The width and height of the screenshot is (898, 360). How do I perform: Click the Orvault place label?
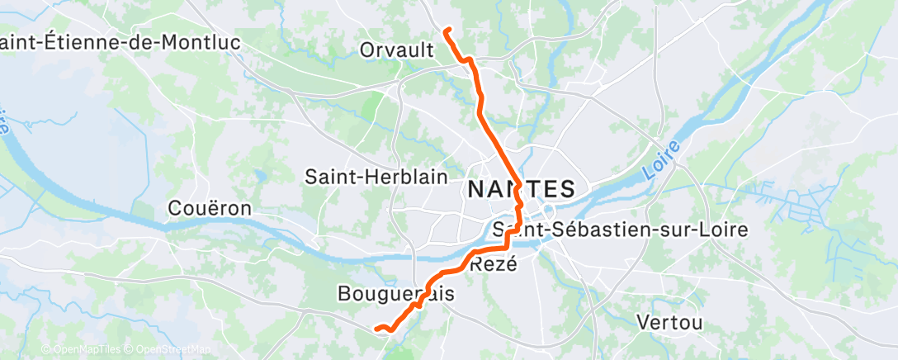[396, 50]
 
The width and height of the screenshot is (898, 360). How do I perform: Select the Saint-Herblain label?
[376, 177]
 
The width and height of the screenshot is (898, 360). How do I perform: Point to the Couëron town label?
[209, 208]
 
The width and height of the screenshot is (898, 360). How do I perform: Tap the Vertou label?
[671, 322]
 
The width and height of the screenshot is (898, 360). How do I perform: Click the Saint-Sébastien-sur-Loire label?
[621, 229]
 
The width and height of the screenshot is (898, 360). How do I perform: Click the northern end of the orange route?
[447, 31]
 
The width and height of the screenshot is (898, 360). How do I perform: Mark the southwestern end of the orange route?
[377, 329]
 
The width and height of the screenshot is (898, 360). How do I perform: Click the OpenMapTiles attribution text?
[81, 350]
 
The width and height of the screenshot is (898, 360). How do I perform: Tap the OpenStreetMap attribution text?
[168, 350]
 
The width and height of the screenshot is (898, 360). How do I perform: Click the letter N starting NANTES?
[476, 188]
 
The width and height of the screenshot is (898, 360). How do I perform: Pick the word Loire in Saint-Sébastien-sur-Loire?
[724, 229]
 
